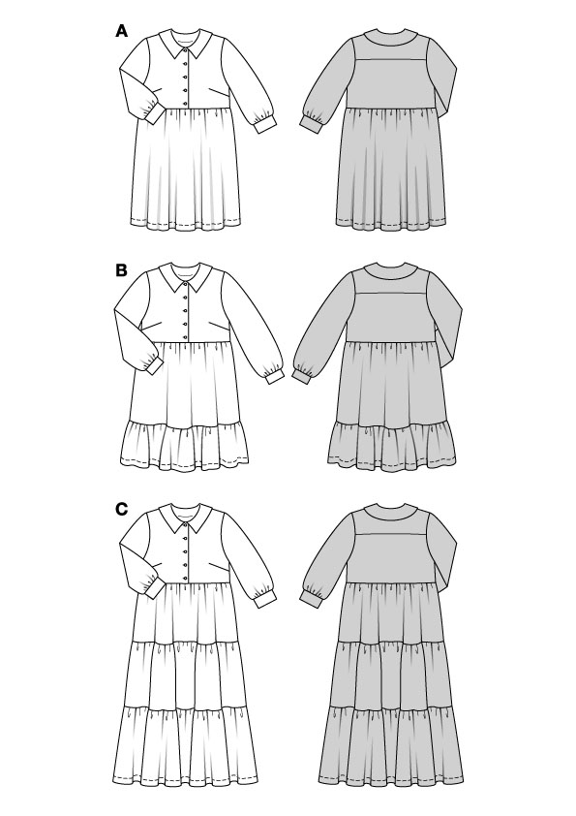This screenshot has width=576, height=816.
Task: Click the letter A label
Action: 121,32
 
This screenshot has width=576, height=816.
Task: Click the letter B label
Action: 121,270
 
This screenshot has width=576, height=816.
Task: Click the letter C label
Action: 121,509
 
